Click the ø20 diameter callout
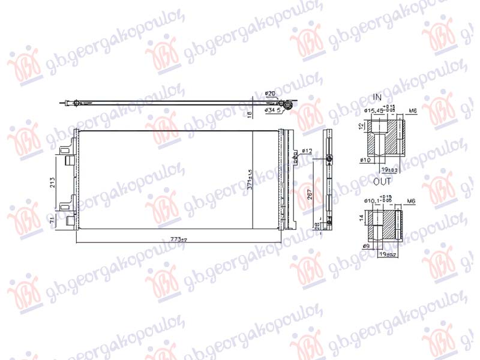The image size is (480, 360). point(271,94)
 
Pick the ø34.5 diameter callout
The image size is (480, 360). point(273,110)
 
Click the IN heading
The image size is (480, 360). point(377,97)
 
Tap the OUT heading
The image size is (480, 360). point(382,181)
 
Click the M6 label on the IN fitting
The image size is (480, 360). point(412,110)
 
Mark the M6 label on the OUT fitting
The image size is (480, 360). point(411,200)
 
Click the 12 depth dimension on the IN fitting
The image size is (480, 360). point(360,127)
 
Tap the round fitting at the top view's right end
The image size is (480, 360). point(289,106)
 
